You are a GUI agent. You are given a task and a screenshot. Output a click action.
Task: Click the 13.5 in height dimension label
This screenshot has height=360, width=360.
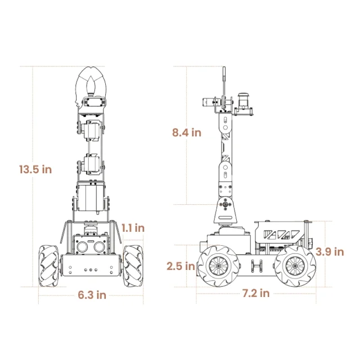tap(35, 169)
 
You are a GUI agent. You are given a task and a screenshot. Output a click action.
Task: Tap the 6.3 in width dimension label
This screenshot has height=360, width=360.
tap(92, 295)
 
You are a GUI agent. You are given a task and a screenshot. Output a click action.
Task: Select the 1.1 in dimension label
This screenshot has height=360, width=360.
tap(133, 228)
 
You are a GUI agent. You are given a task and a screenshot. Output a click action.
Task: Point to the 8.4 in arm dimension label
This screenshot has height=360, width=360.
tap(187, 133)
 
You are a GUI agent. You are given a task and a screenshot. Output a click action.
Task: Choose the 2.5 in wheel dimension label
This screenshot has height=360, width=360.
tap(181, 266)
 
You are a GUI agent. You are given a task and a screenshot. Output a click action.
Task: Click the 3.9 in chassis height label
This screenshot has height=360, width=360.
tap(330, 252)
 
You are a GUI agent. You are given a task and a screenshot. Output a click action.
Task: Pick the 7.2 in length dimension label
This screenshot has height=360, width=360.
tap(256, 293)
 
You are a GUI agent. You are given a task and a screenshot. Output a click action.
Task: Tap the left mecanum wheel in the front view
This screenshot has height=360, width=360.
tap(48, 266)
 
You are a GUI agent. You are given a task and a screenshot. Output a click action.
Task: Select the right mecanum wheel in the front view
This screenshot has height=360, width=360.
tap(133, 266)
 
